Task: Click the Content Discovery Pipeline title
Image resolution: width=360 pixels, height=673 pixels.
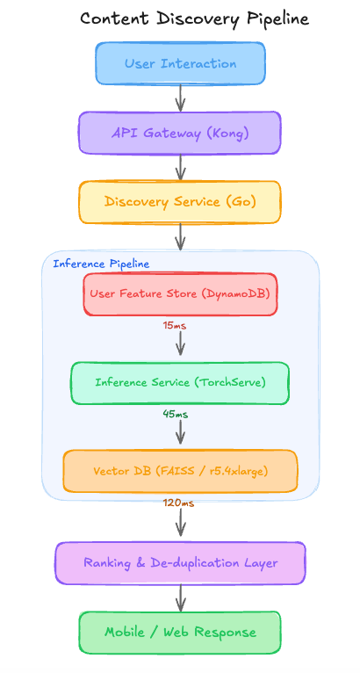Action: (x=194, y=19)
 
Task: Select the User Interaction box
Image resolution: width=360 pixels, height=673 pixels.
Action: (x=180, y=63)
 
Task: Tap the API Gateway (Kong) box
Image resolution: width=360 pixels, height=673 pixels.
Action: (x=180, y=133)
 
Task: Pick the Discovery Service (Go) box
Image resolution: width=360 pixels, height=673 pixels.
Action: (x=180, y=202)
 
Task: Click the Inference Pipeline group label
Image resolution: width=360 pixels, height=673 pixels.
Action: (x=101, y=264)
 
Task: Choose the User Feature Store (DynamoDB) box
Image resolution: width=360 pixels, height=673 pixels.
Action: (x=180, y=294)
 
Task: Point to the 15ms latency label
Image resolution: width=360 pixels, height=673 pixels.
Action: (x=175, y=326)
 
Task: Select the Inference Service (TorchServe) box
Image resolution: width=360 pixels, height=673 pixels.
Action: (x=180, y=383)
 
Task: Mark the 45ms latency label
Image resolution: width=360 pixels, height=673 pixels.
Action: (x=175, y=414)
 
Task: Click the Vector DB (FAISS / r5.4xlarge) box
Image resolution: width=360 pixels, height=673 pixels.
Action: (x=180, y=471)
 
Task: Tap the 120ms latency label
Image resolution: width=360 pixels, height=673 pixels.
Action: (x=179, y=503)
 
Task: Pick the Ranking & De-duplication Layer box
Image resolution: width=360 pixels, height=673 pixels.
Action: (x=180, y=563)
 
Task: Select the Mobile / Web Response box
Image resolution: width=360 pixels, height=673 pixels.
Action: (x=180, y=633)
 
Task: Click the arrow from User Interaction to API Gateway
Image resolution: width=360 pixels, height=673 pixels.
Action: (x=181, y=98)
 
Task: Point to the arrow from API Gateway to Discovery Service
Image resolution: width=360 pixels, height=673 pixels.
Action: (x=181, y=168)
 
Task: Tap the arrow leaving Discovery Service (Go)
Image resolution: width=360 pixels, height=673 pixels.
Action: (x=181, y=237)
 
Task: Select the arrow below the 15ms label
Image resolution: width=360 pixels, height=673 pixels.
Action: (x=181, y=343)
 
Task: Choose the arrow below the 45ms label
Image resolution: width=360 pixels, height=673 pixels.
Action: (x=181, y=431)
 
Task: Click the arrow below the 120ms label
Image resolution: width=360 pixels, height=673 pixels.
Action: (x=181, y=523)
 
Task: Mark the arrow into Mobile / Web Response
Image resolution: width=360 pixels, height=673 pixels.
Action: (x=181, y=598)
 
